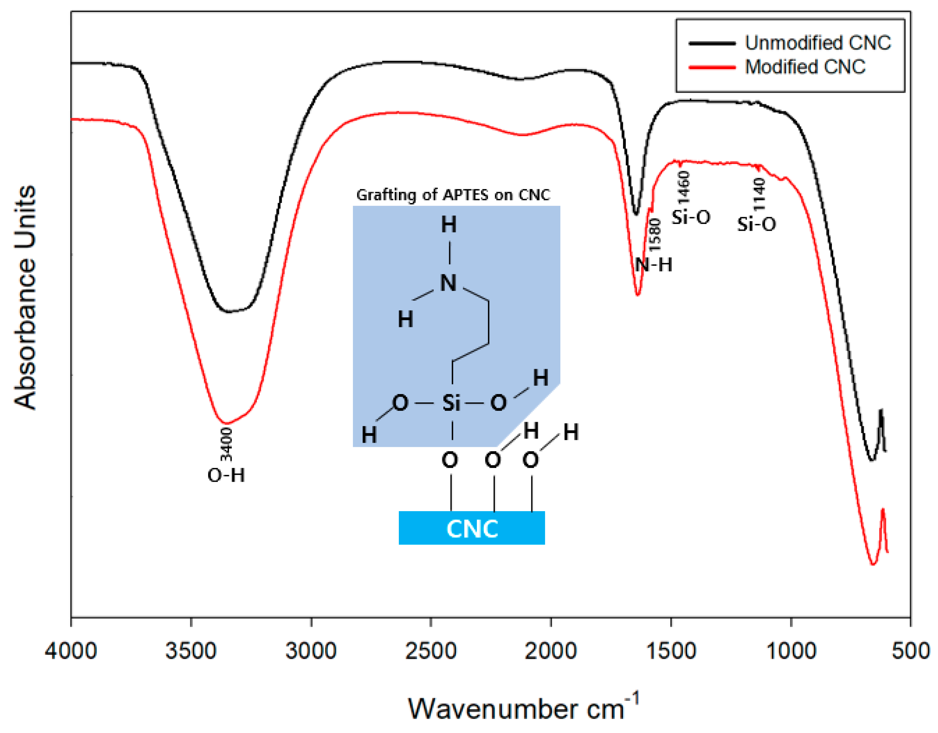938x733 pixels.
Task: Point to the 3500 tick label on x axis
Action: coord(191,650)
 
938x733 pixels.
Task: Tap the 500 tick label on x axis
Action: coord(911,650)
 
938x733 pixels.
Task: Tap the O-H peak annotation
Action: coord(226,475)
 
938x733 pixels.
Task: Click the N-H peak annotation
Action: coord(654,265)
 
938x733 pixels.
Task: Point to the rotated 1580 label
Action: coord(655,235)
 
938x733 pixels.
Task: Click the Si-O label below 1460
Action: coord(690,217)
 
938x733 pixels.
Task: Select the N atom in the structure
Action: coord(448,283)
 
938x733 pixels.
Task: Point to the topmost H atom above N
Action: coord(449,225)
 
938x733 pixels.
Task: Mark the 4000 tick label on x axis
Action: coord(71,650)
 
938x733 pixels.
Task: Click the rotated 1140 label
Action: coord(759,194)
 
